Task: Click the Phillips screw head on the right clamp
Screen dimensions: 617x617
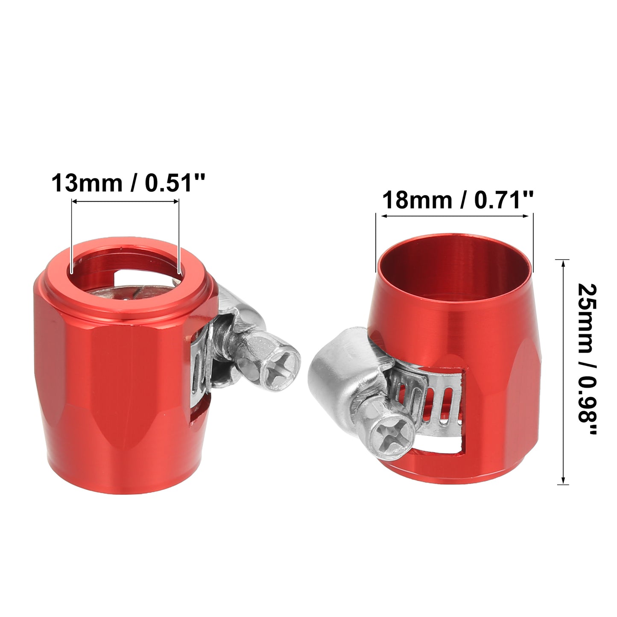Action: click(x=394, y=437)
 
